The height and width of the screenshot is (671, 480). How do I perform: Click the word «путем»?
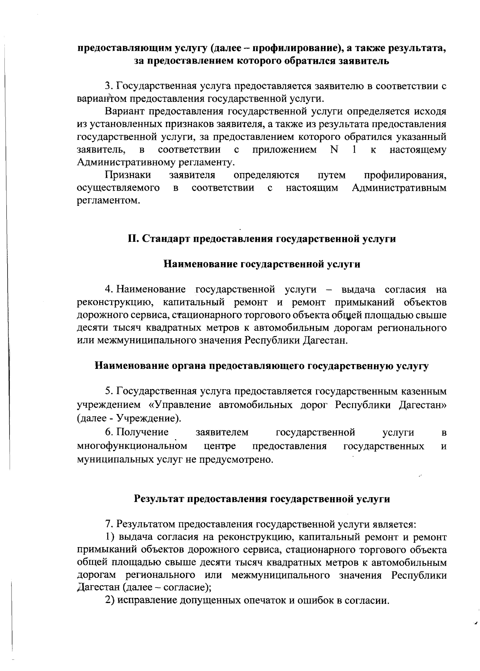[x=332, y=175]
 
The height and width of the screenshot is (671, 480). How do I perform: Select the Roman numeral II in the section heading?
[x=133, y=239]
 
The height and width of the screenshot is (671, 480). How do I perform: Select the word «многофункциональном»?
[x=132, y=446]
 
